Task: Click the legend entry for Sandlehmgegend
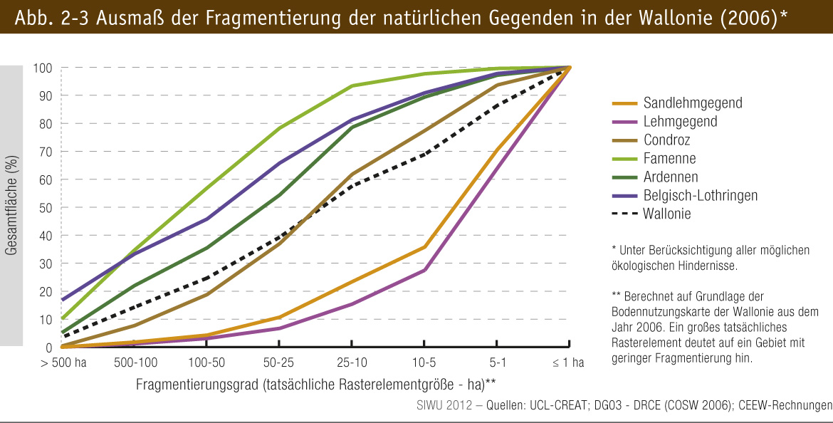[x=692, y=103]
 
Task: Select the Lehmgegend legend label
[x=679, y=121]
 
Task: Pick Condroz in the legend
[x=666, y=140]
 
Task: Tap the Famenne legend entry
[x=669, y=158]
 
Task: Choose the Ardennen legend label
[x=670, y=177]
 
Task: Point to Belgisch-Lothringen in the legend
[x=700, y=195]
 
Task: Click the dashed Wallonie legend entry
[x=666, y=214]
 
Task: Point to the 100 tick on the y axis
[x=43, y=68]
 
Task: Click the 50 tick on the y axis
[x=46, y=208]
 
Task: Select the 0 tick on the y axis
[x=48, y=348]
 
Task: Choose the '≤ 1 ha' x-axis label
[x=568, y=362]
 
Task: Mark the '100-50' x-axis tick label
[x=206, y=362]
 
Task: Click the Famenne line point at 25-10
[x=352, y=86]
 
